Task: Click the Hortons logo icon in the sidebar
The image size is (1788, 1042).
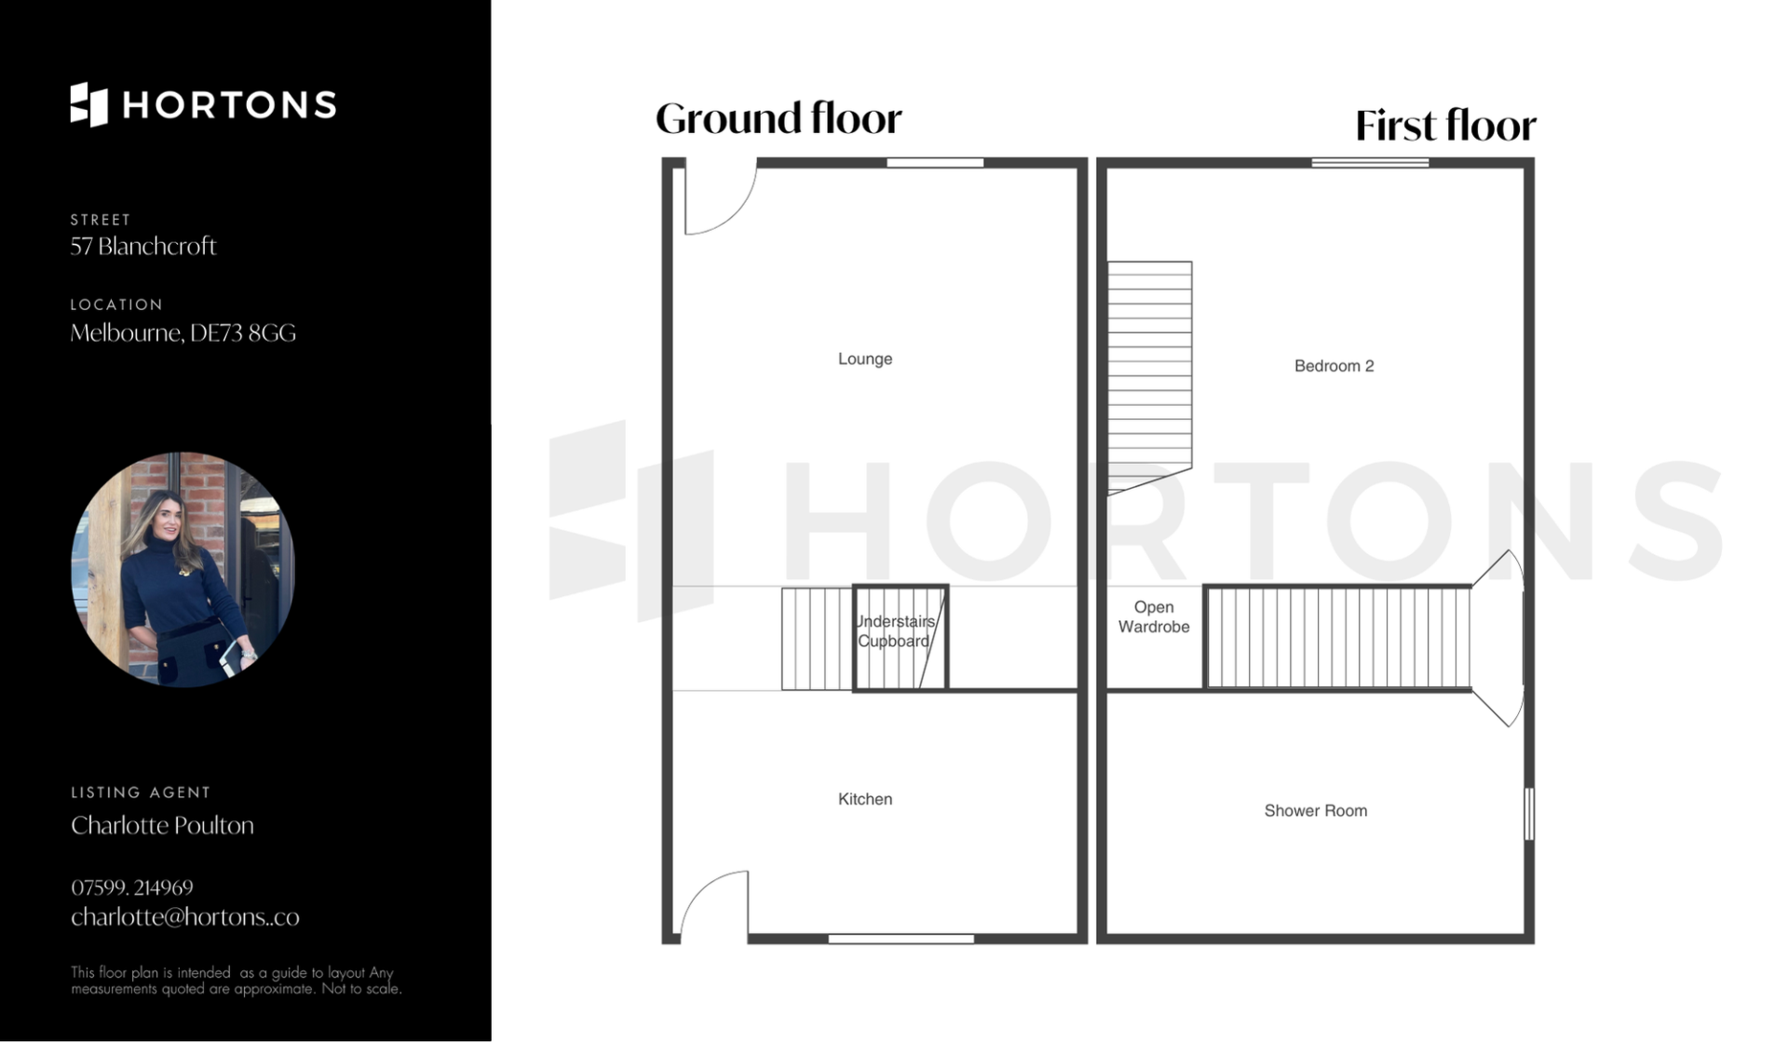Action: pyautogui.click(x=89, y=104)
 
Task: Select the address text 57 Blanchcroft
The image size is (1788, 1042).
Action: pyautogui.click(x=143, y=246)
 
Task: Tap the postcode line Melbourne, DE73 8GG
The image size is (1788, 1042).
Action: pyautogui.click(x=183, y=332)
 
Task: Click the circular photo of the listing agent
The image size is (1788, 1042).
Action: pyautogui.click(x=183, y=570)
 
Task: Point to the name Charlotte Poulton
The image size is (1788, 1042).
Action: pyautogui.click(x=162, y=825)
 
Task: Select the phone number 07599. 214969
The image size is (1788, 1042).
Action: pyautogui.click(x=132, y=887)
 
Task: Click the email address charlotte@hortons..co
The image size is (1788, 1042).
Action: pyautogui.click(x=185, y=917)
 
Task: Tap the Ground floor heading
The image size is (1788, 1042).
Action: pyautogui.click(x=779, y=119)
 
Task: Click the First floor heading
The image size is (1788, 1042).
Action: pyautogui.click(x=1445, y=126)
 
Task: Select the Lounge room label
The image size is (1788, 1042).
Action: pyautogui.click(x=865, y=359)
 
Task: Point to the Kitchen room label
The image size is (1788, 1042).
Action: pyautogui.click(x=865, y=799)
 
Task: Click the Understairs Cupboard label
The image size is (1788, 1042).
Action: pyautogui.click(x=895, y=631)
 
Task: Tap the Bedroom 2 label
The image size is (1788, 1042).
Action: pyautogui.click(x=1334, y=366)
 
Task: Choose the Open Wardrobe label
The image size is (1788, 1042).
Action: pyautogui.click(x=1154, y=616)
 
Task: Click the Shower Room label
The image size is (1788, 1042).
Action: pyautogui.click(x=1315, y=811)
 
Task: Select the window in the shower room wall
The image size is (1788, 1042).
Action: pyautogui.click(x=1528, y=814)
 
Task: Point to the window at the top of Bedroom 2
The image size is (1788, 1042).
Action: pyautogui.click(x=1370, y=163)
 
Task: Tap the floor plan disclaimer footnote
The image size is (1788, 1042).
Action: pyautogui.click(x=237, y=981)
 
